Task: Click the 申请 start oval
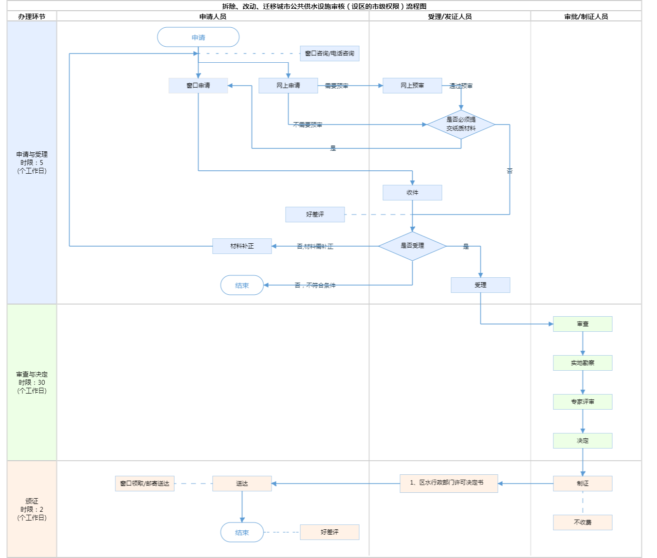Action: click(198, 37)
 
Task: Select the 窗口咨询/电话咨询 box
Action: click(329, 54)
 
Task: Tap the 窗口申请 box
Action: click(198, 86)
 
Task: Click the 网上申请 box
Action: click(288, 86)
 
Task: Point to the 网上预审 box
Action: click(412, 86)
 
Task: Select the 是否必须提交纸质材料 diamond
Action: click(461, 125)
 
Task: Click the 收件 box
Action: click(412, 193)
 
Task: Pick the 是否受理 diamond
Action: click(412, 246)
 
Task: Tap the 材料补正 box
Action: click(242, 246)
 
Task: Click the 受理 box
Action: click(480, 285)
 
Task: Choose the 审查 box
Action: click(583, 324)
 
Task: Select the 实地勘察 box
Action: click(583, 363)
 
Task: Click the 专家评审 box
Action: click(583, 402)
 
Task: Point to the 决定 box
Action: click(583, 441)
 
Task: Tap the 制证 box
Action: click(583, 484)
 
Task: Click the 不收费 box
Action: click(583, 522)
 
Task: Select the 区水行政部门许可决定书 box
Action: click(449, 483)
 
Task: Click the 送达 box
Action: click(242, 484)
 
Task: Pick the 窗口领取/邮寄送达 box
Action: click(145, 484)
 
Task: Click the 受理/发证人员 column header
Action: click(450, 17)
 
